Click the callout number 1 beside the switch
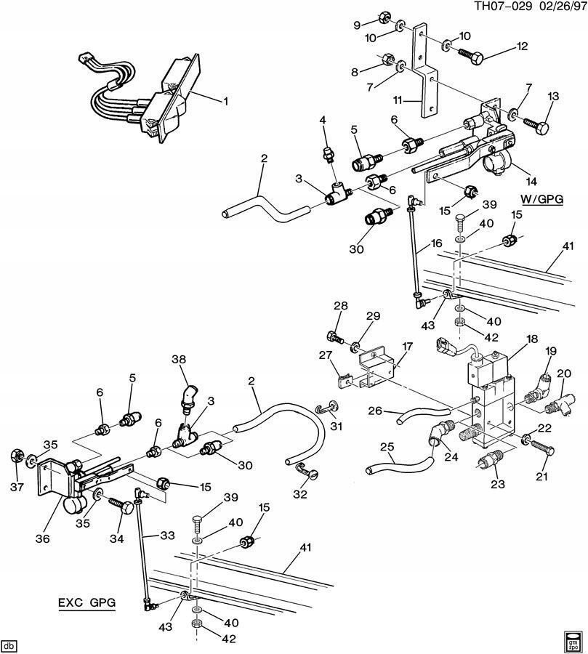point(225,102)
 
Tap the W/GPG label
point(541,198)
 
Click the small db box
point(9,645)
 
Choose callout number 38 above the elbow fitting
point(179,359)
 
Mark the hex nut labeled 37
point(15,457)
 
